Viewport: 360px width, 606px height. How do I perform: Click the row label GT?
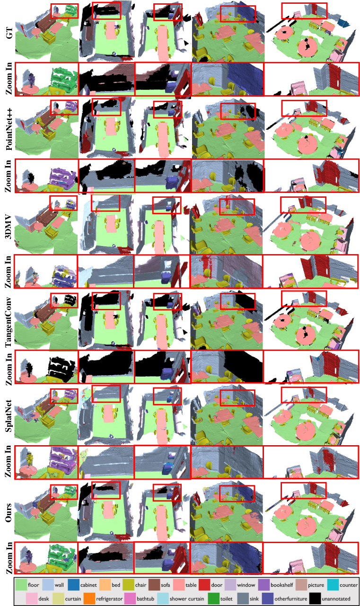[9, 33]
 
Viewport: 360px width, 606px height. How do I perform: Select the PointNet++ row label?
[9, 129]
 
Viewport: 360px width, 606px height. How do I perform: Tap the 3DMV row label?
[9, 227]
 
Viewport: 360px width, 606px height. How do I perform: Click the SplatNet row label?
[9, 415]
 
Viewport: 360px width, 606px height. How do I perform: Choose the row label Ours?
[9, 512]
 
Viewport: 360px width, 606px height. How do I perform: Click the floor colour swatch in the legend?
[21, 585]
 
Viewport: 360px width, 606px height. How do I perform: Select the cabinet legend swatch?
[73, 585]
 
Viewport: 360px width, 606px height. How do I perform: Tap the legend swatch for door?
[204, 585]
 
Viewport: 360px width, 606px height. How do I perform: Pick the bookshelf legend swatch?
[263, 585]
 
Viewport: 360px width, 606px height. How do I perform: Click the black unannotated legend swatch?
[315, 598]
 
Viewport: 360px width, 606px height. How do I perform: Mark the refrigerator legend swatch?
[89, 598]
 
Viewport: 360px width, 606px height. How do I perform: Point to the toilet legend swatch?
[214, 598]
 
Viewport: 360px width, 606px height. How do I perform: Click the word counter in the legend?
[348, 585]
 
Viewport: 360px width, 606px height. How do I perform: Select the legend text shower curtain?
[187, 599]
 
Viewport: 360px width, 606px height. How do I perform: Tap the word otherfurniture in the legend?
[291, 599]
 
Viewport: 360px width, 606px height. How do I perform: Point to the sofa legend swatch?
[154, 585]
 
